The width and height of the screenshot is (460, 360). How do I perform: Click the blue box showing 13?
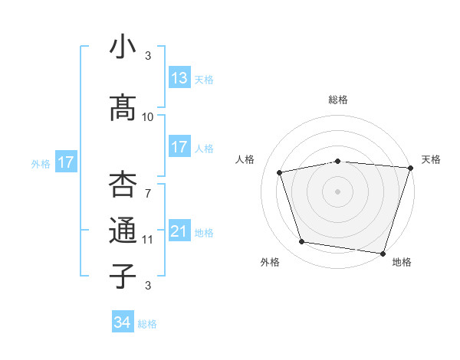[x=179, y=77]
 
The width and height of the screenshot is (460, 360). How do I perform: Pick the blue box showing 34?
[x=122, y=322]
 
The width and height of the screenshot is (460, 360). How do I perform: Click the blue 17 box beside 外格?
[x=65, y=162]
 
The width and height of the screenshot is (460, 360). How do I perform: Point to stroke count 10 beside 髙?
[x=148, y=116]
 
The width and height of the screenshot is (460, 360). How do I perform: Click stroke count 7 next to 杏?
[x=148, y=193]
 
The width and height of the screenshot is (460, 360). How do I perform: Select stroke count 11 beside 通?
[x=148, y=239]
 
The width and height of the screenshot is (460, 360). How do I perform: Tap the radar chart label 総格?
[x=338, y=100]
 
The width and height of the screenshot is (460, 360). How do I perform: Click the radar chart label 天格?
[x=431, y=159]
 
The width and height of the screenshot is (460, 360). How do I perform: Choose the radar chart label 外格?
[x=270, y=262]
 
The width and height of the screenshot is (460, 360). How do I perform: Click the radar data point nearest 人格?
[x=281, y=172]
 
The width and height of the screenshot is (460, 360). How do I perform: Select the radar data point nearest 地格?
[x=383, y=253]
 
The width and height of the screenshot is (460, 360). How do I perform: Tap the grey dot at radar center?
[x=338, y=191]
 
